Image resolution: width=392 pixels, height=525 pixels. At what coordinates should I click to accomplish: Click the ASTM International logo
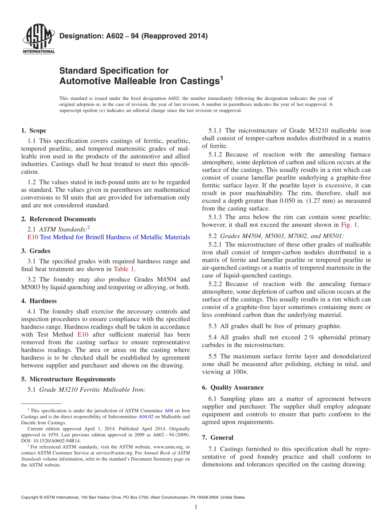click(x=38, y=40)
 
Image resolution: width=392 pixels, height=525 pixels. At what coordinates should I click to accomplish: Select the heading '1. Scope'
click(x=33, y=130)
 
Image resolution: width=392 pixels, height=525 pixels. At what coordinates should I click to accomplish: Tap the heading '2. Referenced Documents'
click(x=58, y=219)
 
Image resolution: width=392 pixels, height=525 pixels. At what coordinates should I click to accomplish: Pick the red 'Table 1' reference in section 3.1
click(x=124, y=269)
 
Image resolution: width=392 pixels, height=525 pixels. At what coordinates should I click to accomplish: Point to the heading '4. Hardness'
click(x=39, y=301)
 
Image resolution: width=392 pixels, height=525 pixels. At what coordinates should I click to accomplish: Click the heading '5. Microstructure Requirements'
click(x=68, y=379)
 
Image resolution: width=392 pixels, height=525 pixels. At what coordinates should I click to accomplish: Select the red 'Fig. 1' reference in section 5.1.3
click(x=349, y=225)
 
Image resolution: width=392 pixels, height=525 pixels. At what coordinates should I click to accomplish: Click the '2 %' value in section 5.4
click(x=309, y=337)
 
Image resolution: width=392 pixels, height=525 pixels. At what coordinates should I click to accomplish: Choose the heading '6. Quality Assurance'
click(x=233, y=387)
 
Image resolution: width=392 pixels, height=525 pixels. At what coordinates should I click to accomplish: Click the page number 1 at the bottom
click(x=196, y=507)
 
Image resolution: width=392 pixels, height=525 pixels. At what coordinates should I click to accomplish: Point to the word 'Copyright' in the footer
click(x=30, y=497)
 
